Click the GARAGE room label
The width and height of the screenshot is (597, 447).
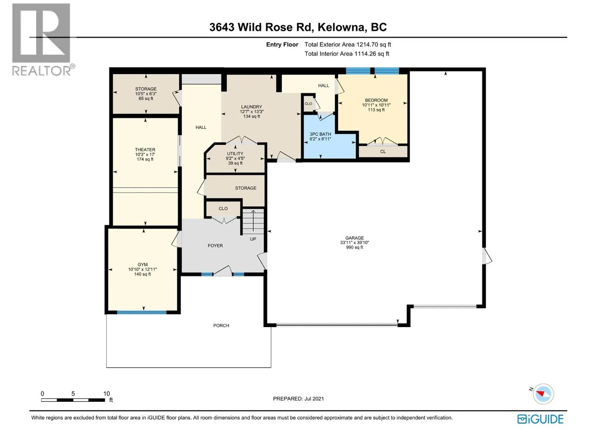pyautogui.click(x=354, y=238)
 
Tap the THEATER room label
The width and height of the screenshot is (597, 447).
pyautogui.click(x=145, y=149)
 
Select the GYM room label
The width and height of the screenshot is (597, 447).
pyautogui.click(x=143, y=264)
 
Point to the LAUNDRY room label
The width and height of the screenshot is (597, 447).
pyautogui.click(x=251, y=107)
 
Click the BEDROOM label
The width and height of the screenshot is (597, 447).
pyautogui.click(x=376, y=100)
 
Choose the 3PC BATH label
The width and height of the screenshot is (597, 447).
pyautogui.click(x=321, y=134)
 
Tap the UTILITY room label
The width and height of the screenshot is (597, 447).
pyautogui.click(x=235, y=153)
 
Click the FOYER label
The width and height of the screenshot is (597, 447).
pyautogui.click(x=215, y=245)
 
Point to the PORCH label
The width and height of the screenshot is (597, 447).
pyautogui.click(x=221, y=326)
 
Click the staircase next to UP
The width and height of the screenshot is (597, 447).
pyautogui.click(x=253, y=222)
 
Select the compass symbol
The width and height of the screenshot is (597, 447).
pyautogui.click(x=543, y=394)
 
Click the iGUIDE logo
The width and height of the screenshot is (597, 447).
pyautogui.click(x=540, y=419)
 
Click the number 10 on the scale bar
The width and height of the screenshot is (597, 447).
pyautogui.click(x=107, y=393)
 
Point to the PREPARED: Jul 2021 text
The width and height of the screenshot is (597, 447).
pyautogui.click(x=298, y=399)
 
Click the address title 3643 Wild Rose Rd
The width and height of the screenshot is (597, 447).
pyautogui.click(x=260, y=28)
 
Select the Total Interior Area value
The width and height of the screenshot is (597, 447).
pyautogui.click(x=372, y=54)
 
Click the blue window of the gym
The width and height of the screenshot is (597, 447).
pyautogui.click(x=142, y=313)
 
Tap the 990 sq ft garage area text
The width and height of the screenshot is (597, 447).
pyautogui.click(x=354, y=247)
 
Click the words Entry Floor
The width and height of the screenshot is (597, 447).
pyautogui.click(x=282, y=44)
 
